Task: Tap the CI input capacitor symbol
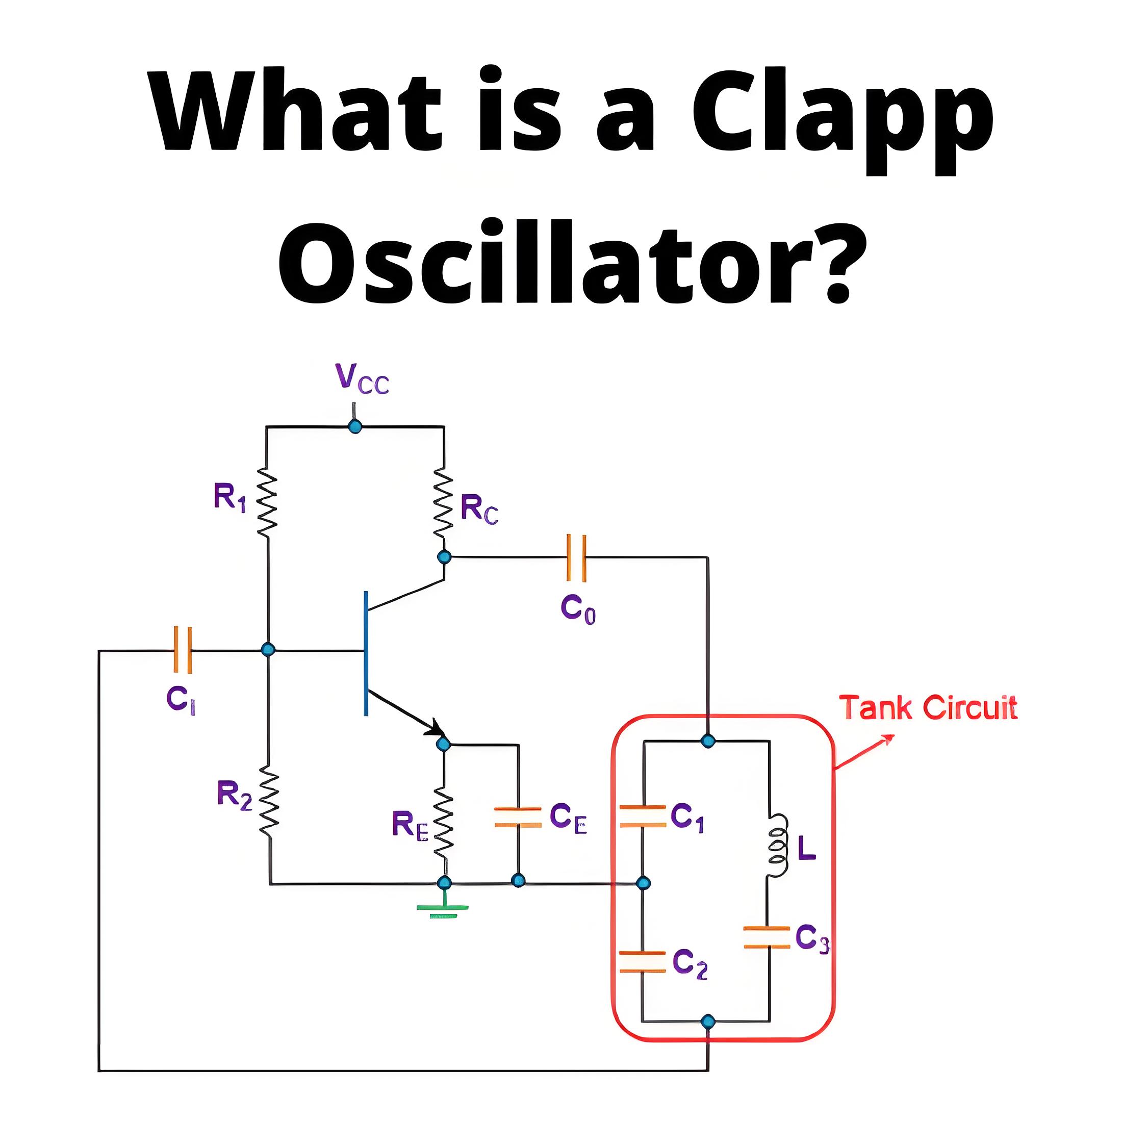tap(183, 650)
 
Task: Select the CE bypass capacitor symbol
tap(518, 817)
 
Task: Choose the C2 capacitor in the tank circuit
tap(642, 962)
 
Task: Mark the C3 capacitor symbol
tap(767, 937)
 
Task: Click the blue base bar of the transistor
tap(366, 653)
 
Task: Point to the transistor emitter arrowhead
tap(436, 728)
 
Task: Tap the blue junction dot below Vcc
tap(355, 427)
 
